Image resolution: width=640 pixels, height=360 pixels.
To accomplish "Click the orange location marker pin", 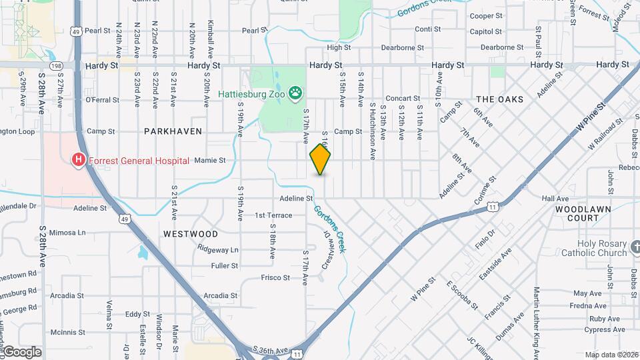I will coord(320,159).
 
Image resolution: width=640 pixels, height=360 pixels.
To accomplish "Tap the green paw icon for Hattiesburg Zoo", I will coord(295,93).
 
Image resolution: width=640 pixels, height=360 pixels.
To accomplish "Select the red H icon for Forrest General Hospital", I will coord(79,159).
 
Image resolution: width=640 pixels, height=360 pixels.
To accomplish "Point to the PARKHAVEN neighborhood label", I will coord(173,131).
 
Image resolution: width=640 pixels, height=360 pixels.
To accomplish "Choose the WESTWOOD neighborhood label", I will coord(190,234).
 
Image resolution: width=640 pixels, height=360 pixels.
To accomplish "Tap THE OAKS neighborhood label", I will coord(499,99).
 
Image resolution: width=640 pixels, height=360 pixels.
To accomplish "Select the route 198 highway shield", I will coord(56,65).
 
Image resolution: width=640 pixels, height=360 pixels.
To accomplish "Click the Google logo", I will coord(21,352).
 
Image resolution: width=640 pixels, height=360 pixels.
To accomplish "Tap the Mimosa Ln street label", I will coord(68,233).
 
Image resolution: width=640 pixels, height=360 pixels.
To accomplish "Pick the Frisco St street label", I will coord(275,277).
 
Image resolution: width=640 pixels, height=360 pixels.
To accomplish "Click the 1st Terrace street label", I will coord(273,215).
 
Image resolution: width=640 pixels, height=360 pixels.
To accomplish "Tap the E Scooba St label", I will coord(462,294).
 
